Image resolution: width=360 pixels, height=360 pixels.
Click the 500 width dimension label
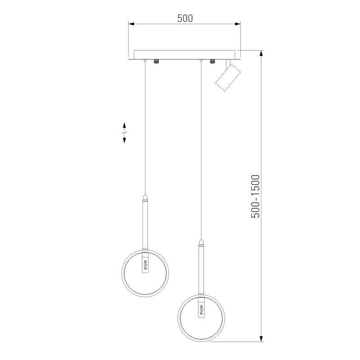(x=185, y=18)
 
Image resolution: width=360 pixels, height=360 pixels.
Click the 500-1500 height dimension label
(x=255, y=196)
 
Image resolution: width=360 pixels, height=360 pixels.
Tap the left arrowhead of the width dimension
(x=131, y=24)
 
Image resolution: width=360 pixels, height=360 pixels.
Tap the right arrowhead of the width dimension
(x=238, y=24)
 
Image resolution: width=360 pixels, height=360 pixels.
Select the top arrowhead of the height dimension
(x=261, y=53)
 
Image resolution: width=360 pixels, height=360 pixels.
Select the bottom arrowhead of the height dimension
(x=261, y=338)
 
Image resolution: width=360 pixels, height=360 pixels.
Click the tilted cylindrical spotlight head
(x=228, y=78)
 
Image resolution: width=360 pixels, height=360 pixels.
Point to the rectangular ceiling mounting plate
(x=185, y=55)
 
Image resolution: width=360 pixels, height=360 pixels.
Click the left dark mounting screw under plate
(x=157, y=61)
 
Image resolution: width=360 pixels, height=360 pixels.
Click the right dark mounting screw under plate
(x=212, y=61)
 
